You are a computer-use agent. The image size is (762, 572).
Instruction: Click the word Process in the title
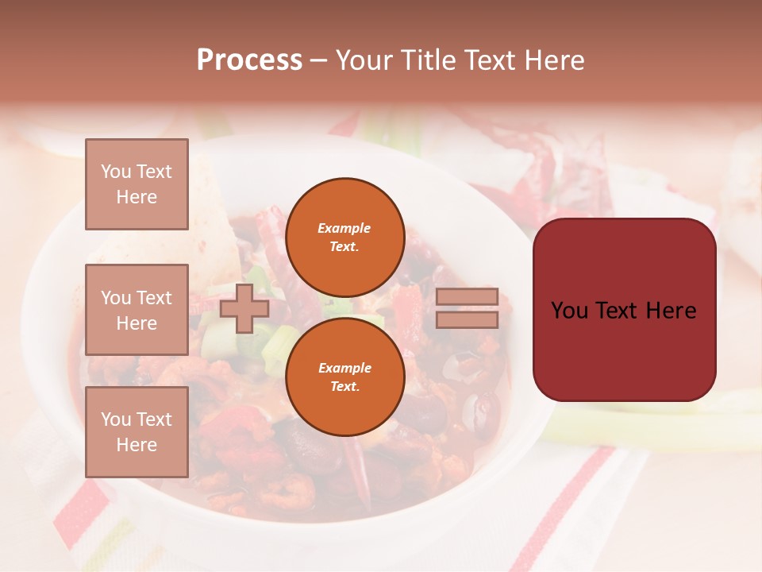[x=249, y=60]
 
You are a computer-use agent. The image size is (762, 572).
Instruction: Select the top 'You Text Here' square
[x=137, y=184]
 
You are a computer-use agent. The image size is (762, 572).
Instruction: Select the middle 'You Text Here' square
[x=137, y=310]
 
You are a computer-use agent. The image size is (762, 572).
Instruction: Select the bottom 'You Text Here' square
[x=137, y=432]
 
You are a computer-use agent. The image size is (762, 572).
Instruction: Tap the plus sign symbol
[x=244, y=308]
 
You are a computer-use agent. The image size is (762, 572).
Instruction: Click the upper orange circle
[x=344, y=237]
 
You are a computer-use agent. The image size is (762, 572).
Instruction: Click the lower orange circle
[x=344, y=377]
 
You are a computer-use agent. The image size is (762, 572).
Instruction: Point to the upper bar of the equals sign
[x=467, y=296]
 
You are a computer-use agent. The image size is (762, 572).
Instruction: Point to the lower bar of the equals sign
[x=467, y=319]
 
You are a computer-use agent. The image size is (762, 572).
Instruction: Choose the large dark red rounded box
[x=624, y=309]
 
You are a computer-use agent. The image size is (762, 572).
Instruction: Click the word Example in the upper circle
[x=344, y=228]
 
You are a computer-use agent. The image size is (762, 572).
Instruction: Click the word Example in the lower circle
[x=344, y=368]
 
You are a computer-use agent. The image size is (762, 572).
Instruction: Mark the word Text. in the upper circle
[x=344, y=246]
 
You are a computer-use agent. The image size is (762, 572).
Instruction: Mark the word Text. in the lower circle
[x=344, y=386]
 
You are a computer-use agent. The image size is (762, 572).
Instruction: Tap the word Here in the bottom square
[x=137, y=445]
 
